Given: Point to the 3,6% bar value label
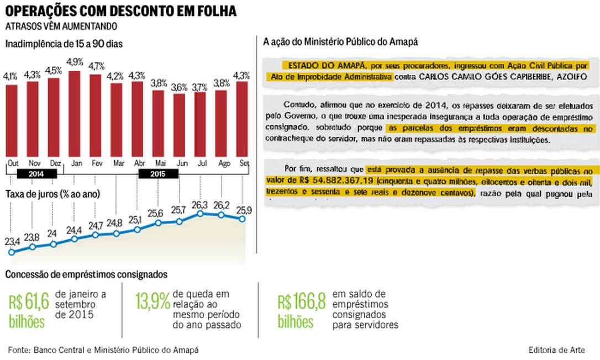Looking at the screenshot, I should click(x=179, y=87).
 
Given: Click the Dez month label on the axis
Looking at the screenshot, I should click(x=54, y=163).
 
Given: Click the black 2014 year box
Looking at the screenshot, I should click(x=38, y=173).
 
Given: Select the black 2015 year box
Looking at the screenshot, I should click(x=157, y=173).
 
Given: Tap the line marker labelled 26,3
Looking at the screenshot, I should click(x=201, y=213).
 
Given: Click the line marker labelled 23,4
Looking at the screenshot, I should click(x=12, y=252).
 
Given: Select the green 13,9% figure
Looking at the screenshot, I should click(x=152, y=301).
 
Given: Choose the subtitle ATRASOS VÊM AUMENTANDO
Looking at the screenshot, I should click(x=61, y=26).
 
